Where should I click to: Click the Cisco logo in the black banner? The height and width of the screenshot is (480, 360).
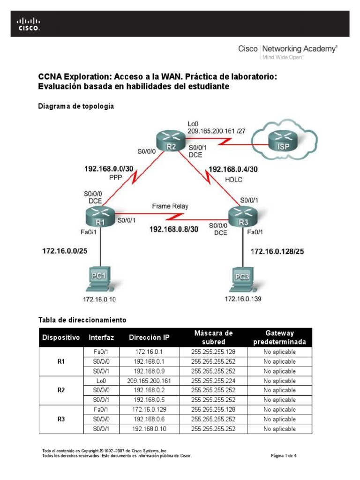(29, 24)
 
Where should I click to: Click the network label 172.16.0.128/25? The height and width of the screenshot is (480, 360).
(277, 252)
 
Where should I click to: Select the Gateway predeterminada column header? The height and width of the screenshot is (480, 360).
(279, 337)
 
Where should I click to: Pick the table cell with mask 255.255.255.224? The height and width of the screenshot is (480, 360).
(213, 381)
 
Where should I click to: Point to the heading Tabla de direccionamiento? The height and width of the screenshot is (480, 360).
(82, 320)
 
